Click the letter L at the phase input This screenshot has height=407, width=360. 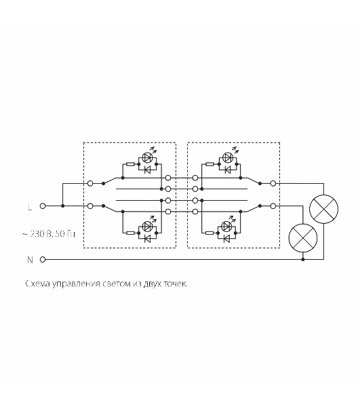tap(30, 207)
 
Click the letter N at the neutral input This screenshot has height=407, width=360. tap(30, 260)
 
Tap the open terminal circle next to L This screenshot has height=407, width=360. tap(43, 206)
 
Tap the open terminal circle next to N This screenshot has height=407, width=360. tap(43, 259)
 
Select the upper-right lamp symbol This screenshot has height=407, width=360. tap(323, 209)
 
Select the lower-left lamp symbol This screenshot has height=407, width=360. tap(303, 238)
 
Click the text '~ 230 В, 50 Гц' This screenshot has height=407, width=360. tap(49, 234)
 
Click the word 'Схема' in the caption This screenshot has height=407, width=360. tap(37, 284)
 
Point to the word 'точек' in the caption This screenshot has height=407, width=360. tap(176, 284)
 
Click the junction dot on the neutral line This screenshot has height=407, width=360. tap(303, 259)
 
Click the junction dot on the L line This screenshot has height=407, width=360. tap(63, 206)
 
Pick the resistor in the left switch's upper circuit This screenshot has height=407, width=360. tap(130, 164)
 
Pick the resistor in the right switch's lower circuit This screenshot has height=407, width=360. tap(209, 233)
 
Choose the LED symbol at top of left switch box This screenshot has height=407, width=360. tap(148, 157)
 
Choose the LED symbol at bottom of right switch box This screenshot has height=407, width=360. tap(228, 226)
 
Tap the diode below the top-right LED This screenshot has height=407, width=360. tap(228, 170)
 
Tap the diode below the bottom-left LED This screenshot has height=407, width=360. tap(148, 239)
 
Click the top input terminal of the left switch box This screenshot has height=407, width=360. tap(90, 184)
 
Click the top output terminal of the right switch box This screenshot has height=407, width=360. tap(273, 184)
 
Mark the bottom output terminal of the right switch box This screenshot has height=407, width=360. tap(273, 206)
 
